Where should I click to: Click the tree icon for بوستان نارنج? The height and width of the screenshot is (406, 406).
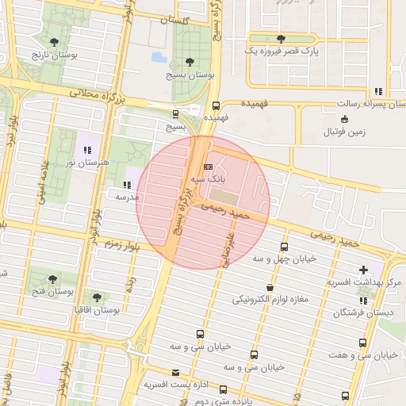click(x=54, y=42)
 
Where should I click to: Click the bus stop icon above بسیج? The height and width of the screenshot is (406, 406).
click(x=175, y=113)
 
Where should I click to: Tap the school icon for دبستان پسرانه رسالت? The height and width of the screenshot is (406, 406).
click(x=378, y=91)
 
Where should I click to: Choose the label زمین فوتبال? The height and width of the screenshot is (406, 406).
click(x=347, y=132)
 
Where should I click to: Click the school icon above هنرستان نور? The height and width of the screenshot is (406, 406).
click(x=86, y=149)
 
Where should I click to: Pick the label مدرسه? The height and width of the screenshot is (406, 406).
click(x=127, y=195)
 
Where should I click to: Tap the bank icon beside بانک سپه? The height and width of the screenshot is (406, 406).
click(x=208, y=167)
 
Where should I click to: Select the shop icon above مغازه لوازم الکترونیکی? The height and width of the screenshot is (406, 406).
click(x=271, y=287)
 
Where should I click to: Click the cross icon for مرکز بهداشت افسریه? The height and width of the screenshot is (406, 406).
click(x=363, y=270)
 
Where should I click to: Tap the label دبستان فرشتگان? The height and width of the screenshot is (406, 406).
click(x=363, y=313)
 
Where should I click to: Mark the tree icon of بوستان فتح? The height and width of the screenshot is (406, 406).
click(x=52, y=278)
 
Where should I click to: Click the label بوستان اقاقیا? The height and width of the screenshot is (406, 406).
click(x=95, y=310)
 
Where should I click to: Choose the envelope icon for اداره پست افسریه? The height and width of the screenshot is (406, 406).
click(x=175, y=372)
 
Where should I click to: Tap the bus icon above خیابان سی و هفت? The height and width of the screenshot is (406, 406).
click(x=362, y=343)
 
